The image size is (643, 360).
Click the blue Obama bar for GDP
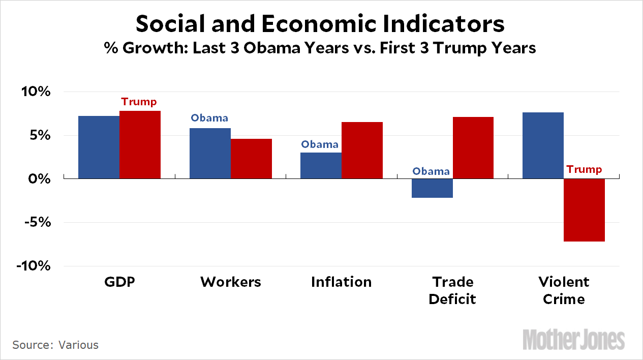point(99,147)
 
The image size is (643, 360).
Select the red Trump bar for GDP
point(140,144)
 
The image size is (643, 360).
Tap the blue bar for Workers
point(210,153)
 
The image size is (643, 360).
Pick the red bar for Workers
point(251,158)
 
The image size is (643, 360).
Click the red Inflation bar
point(362,150)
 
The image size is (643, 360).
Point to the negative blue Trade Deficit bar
point(432,188)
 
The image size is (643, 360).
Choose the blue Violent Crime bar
point(543,145)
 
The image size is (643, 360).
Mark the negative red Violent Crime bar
point(584,210)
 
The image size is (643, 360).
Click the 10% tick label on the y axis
point(36,92)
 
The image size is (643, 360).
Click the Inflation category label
point(341,282)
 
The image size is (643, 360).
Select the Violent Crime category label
point(564,290)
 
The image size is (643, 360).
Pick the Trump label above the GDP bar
point(139,102)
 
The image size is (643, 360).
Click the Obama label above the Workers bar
point(209,118)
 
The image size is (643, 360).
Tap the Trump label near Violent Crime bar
point(584,169)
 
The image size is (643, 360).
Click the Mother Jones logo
point(574,339)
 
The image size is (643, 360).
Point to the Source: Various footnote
point(55,345)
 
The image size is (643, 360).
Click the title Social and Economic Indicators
point(321,24)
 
